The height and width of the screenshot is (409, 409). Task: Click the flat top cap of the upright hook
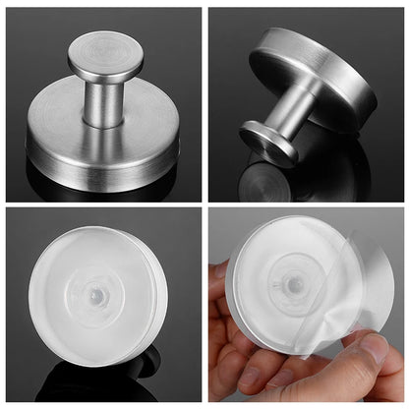pos(105,52)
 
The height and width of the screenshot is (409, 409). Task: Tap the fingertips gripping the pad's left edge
pos(220,295)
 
